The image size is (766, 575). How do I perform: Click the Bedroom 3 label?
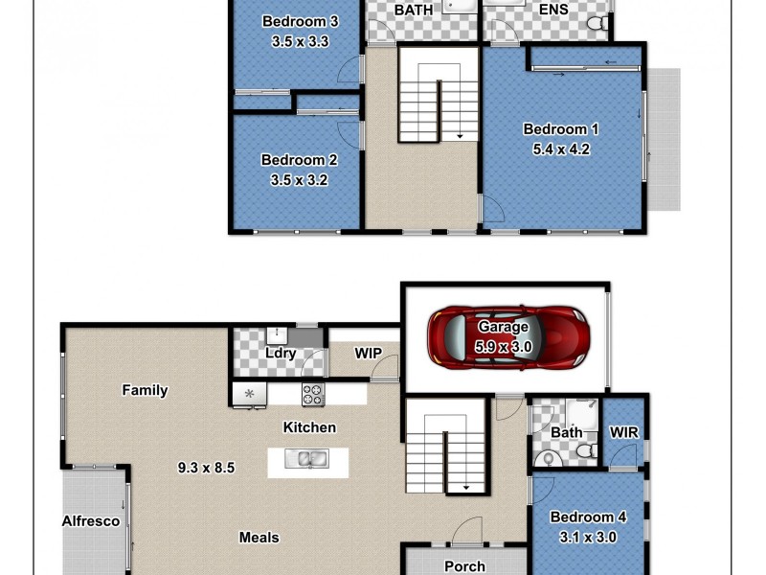[300, 22]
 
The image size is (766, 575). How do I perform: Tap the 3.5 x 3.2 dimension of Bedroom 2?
[300, 178]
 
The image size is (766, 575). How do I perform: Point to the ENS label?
[552, 10]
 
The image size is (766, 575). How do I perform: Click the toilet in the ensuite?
[597, 21]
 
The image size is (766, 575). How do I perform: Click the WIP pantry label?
[369, 354]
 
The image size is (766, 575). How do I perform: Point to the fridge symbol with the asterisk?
[250, 393]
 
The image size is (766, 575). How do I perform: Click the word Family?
[145, 390]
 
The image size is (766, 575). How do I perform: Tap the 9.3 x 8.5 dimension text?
[206, 469]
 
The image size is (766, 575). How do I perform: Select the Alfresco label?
[91, 521]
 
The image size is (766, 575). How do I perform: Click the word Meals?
[259, 538]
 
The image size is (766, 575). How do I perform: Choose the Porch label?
[464, 566]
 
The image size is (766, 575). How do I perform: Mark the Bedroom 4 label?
[588, 517]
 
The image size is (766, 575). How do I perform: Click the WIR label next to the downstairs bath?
[624, 432]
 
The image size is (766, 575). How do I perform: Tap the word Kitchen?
[309, 426]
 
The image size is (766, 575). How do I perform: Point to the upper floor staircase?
[438, 96]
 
